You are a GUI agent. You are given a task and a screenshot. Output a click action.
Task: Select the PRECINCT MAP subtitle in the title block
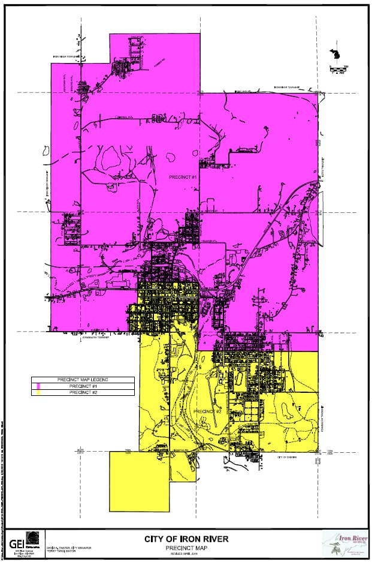[185, 548]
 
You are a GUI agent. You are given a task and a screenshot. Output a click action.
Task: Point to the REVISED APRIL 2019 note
[185, 554]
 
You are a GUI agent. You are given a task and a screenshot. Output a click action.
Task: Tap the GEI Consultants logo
[22, 543]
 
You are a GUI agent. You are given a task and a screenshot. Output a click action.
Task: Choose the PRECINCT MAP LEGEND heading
[82, 380]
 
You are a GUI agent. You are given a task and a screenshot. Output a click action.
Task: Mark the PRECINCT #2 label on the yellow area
[207, 411]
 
